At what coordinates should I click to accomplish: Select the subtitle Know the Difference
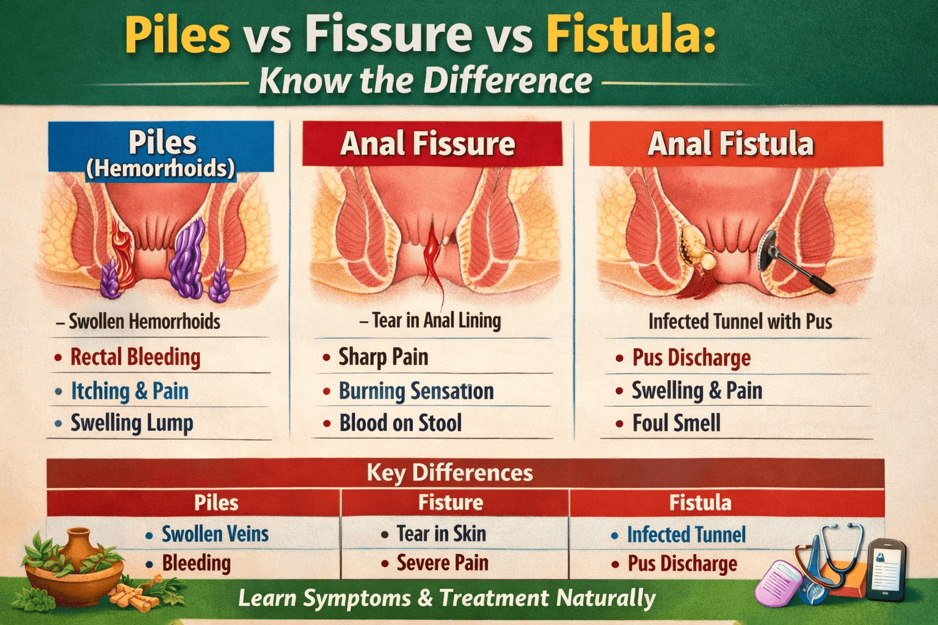pyautogui.click(x=426, y=81)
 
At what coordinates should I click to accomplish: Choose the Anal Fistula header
pyautogui.click(x=730, y=144)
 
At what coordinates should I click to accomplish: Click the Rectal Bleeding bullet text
pyautogui.click(x=135, y=357)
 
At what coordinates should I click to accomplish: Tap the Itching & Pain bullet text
pyautogui.click(x=129, y=391)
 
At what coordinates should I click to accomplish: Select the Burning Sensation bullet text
pyautogui.click(x=416, y=391)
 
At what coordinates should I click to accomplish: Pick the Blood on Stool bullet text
pyautogui.click(x=400, y=423)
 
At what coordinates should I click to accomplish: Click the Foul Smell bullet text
pyautogui.click(x=676, y=423)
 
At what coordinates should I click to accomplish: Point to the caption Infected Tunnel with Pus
pyautogui.click(x=740, y=322)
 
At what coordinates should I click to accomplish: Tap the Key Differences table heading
pyautogui.click(x=449, y=473)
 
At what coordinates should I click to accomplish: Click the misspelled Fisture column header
pyautogui.click(x=451, y=502)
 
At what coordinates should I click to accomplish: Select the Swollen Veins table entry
pyautogui.click(x=215, y=534)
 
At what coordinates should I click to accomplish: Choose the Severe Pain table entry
pyautogui.click(x=442, y=563)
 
